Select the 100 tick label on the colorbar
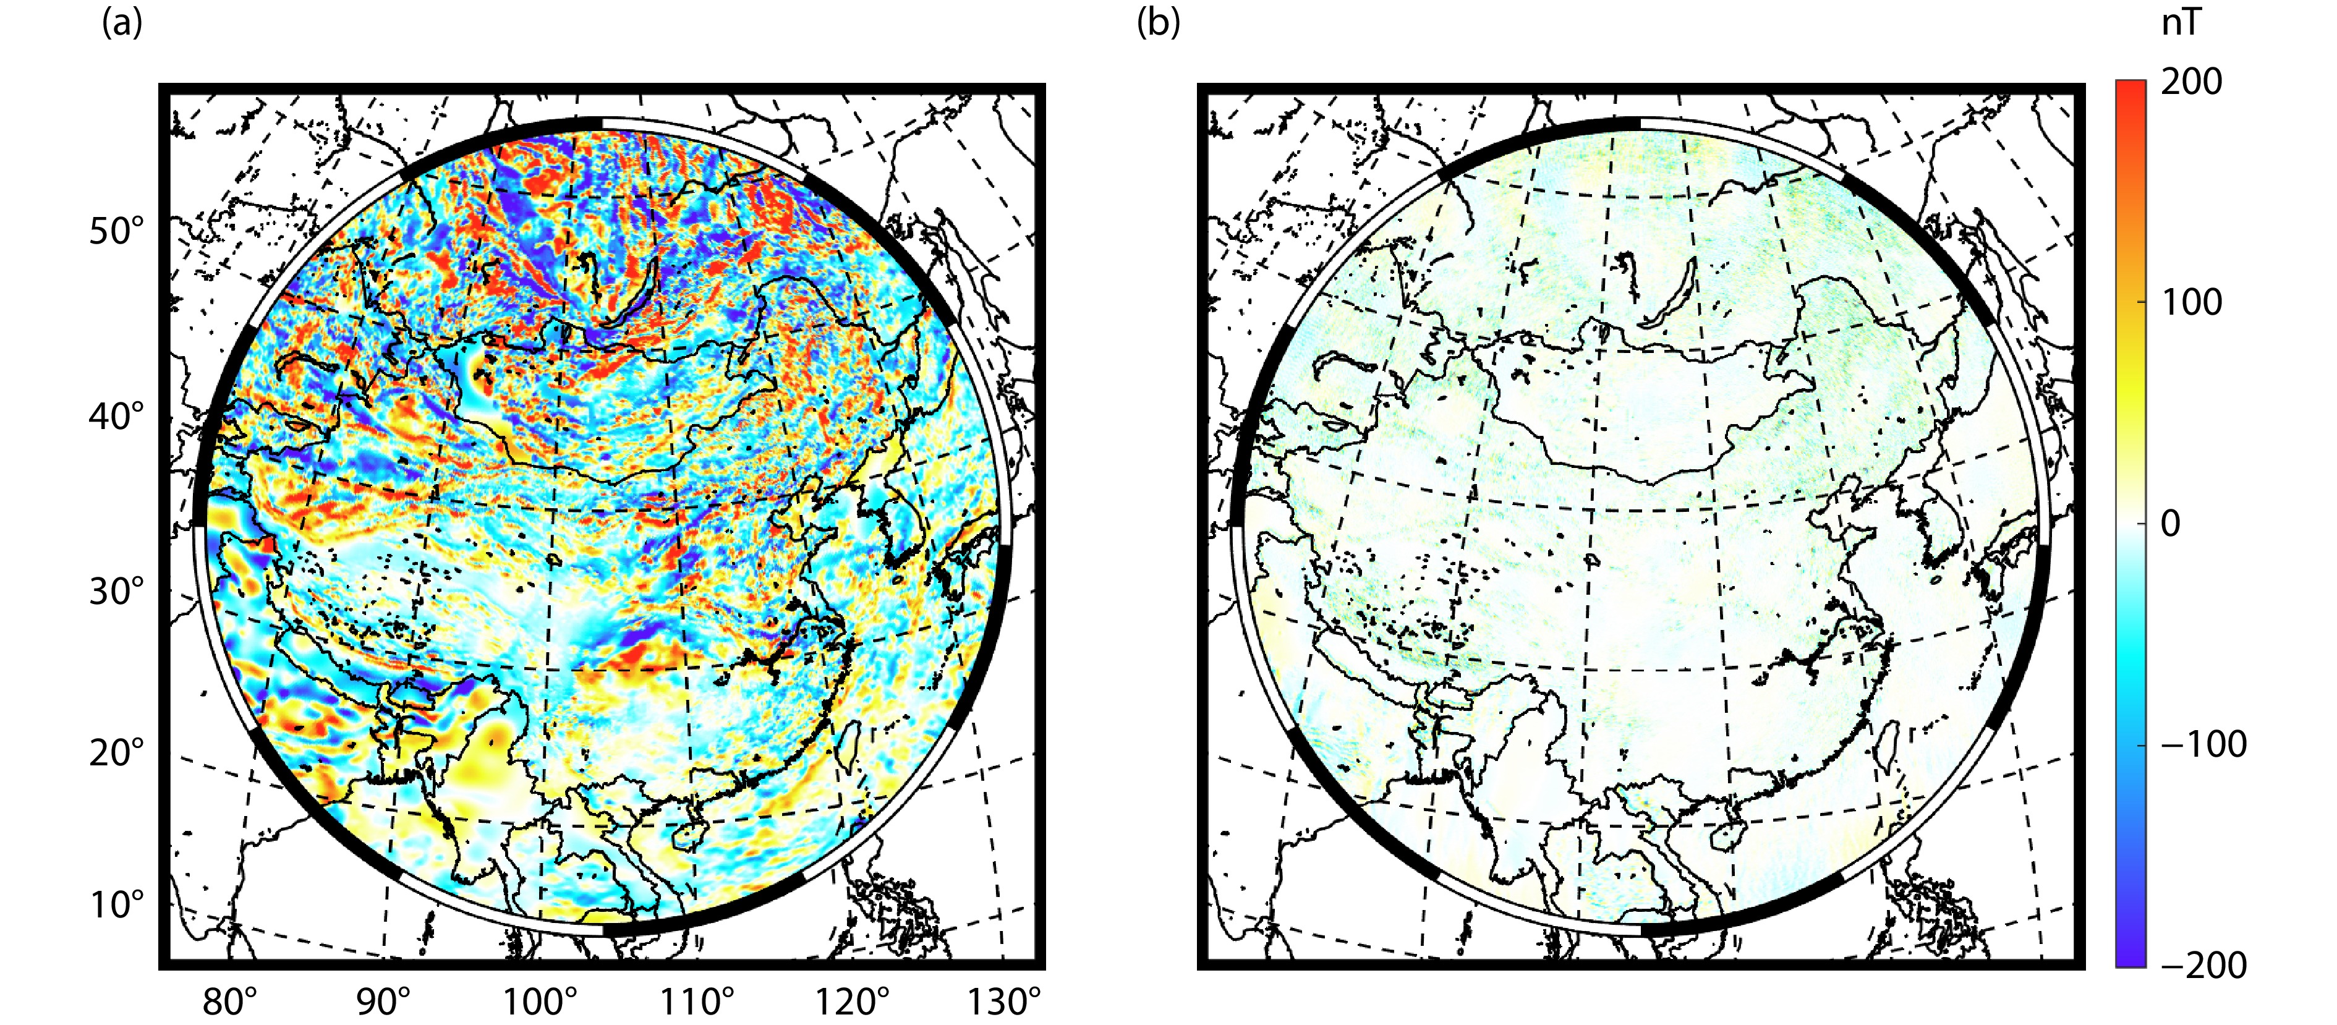[2191, 303]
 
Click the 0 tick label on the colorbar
[2170, 524]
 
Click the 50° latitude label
[116, 232]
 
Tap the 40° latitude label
[116, 417]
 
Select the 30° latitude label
[116, 592]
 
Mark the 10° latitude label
[116, 905]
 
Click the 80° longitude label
[229, 1002]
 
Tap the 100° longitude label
[540, 1002]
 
